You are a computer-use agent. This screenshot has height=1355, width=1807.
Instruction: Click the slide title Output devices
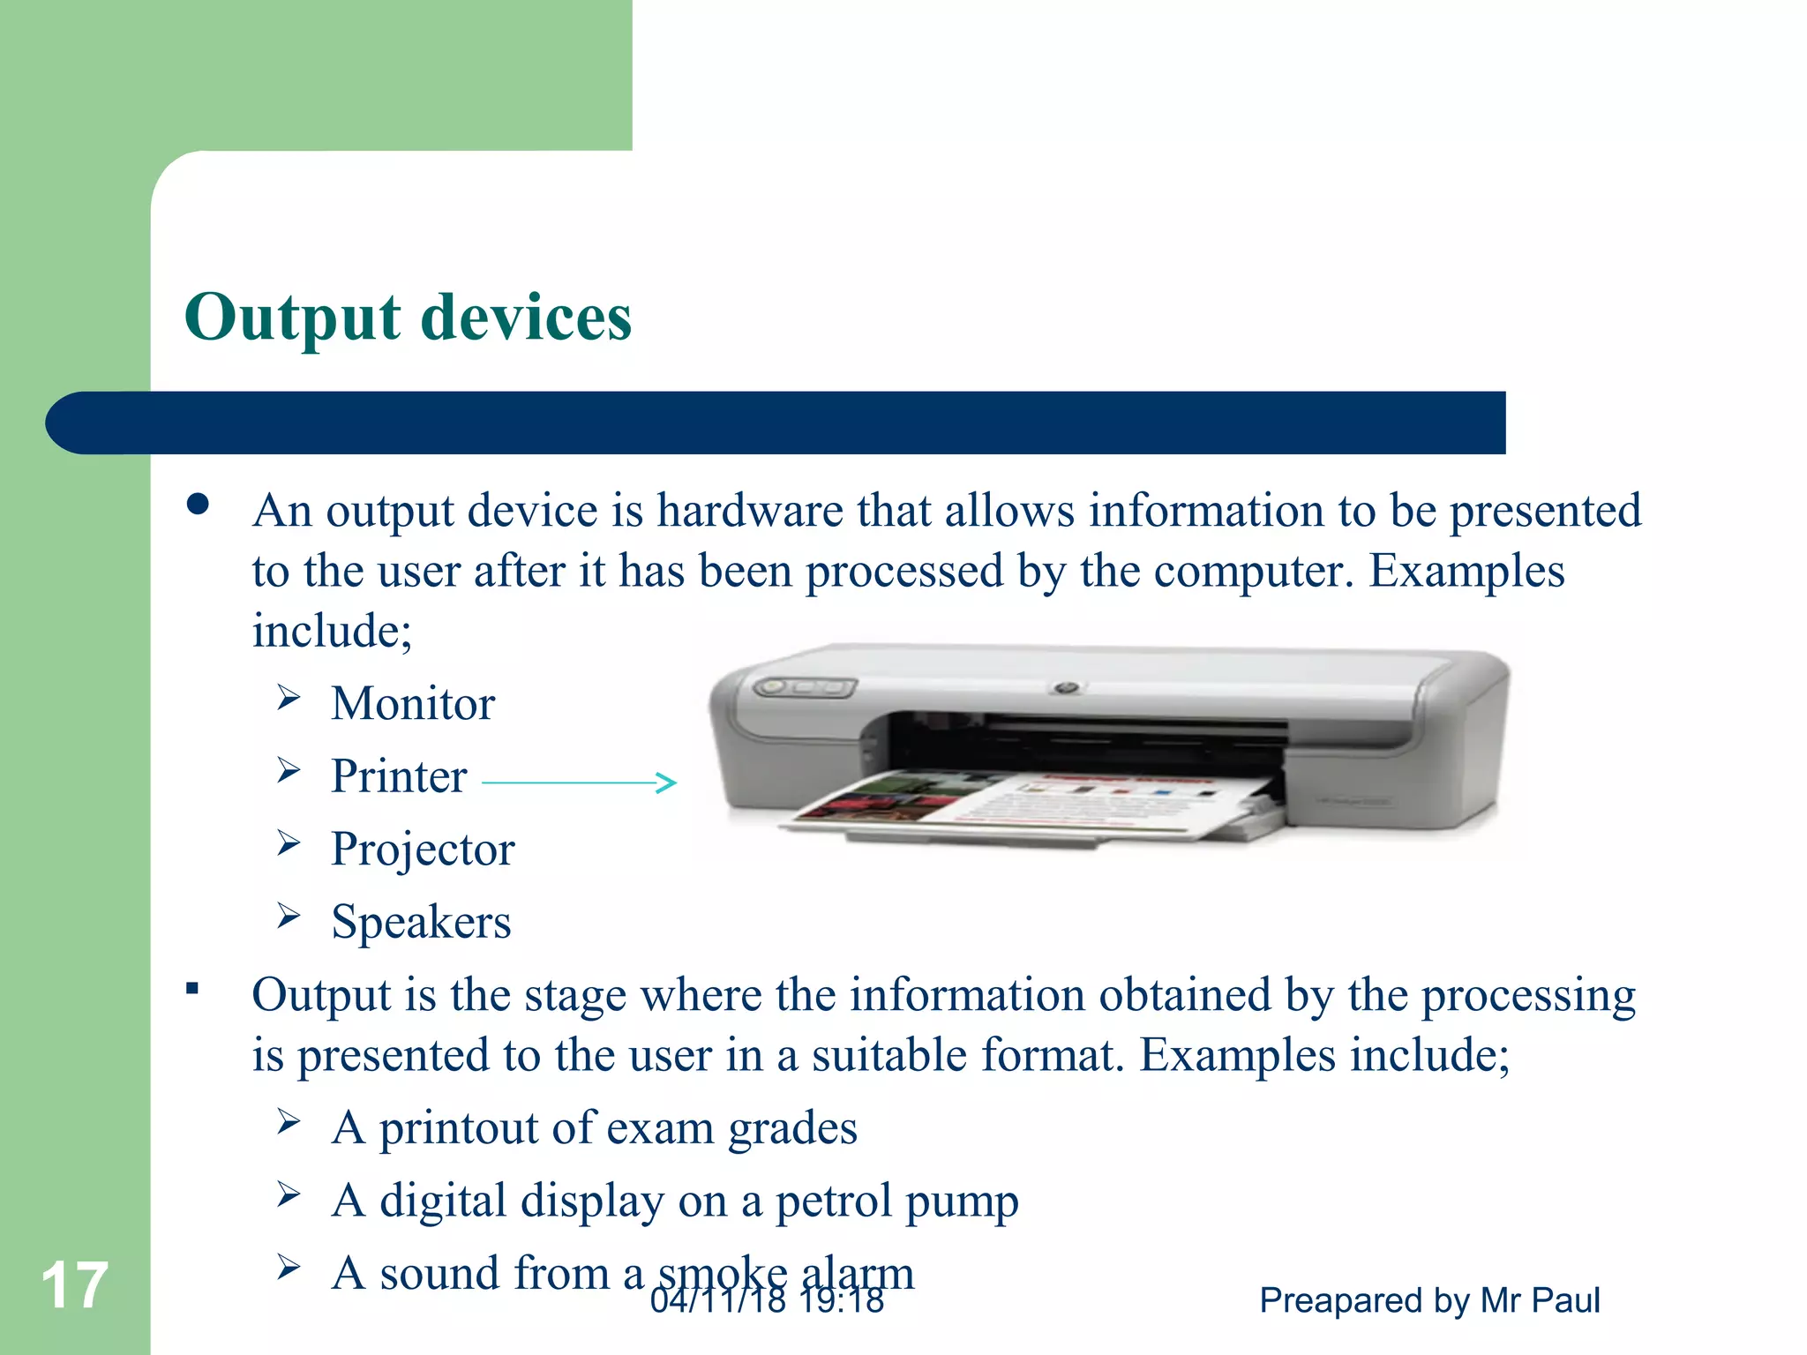coord(408,317)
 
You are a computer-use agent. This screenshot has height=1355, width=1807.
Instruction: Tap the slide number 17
coord(74,1285)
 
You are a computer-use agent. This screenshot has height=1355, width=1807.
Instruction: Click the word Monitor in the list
coord(413,704)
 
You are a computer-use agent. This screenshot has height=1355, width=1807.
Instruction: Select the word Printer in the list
coord(399,777)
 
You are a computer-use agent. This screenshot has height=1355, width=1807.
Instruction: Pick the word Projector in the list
coord(423,850)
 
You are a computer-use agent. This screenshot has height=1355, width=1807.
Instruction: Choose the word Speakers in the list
coord(421,923)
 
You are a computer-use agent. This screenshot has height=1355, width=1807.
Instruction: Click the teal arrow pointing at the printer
coord(580,782)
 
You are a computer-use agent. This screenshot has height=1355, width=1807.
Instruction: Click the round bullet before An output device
coord(199,505)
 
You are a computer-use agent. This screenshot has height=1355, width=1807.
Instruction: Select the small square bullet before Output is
coord(192,988)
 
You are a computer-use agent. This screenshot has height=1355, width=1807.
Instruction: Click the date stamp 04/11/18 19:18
coord(767,1300)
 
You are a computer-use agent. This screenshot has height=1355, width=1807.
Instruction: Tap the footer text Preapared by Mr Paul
coord(1429,1300)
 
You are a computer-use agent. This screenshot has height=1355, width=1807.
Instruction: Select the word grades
coord(792,1129)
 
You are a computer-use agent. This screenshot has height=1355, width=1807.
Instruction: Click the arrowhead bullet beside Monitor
coord(289,698)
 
